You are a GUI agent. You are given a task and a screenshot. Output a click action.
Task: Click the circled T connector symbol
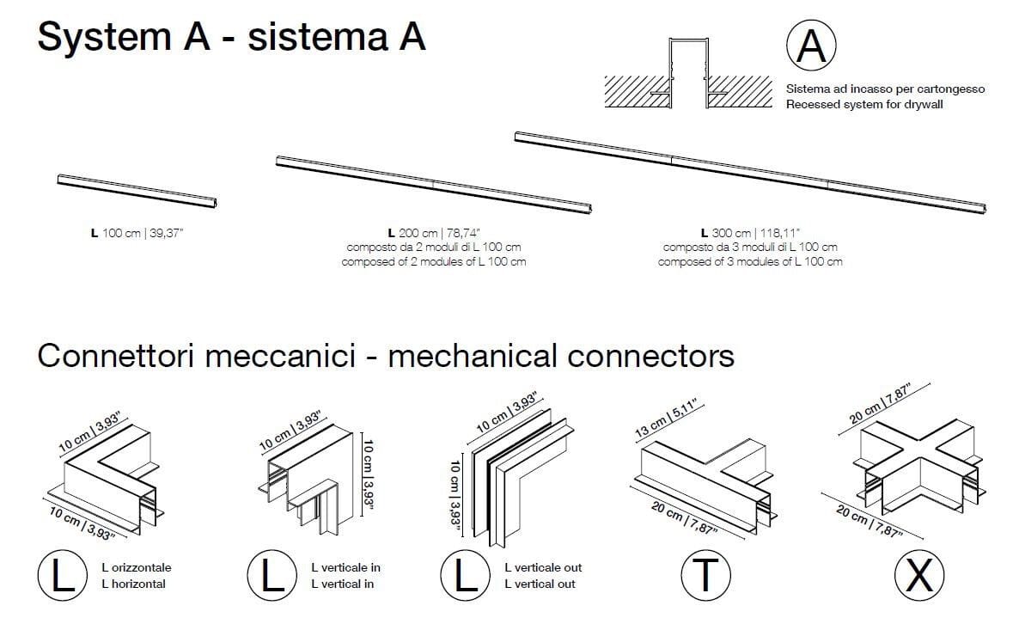pyautogui.click(x=705, y=575)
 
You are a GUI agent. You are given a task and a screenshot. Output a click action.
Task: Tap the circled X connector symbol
pyautogui.click(x=918, y=575)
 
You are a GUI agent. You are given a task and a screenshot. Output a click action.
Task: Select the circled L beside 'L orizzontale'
pyautogui.click(x=62, y=575)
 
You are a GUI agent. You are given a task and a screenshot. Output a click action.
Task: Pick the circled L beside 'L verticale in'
pyautogui.click(x=272, y=575)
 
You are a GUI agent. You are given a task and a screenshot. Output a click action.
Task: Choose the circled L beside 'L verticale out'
pyautogui.click(x=465, y=575)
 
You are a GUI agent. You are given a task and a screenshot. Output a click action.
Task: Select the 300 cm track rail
pyautogui.click(x=750, y=171)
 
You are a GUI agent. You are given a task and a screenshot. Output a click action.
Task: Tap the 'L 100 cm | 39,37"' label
pyautogui.click(x=137, y=233)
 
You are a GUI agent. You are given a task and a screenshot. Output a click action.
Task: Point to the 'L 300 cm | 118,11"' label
pyautogui.click(x=750, y=233)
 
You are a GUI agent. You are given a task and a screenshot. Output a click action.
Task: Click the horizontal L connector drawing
pyautogui.click(x=107, y=477)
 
